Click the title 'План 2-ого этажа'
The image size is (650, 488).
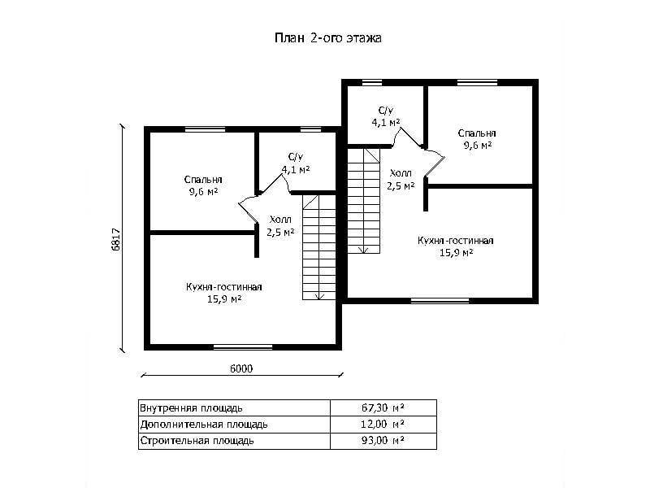click(x=328, y=38)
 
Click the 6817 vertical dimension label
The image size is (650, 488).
click(x=116, y=239)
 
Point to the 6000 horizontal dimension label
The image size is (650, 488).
click(x=241, y=368)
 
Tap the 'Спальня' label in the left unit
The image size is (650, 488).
click(x=203, y=180)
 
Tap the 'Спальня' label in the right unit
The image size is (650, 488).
click(x=477, y=133)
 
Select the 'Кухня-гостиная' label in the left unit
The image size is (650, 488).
click(x=224, y=287)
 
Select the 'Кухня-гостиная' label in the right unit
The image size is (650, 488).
click(x=456, y=241)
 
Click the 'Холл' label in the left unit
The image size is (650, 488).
click(x=280, y=220)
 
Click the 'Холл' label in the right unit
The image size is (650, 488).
click(x=401, y=173)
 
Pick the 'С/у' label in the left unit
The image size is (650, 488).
click(x=296, y=157)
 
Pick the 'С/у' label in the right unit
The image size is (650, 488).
click(x=386, y=111)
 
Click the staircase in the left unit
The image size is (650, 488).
click(x=318, y=247)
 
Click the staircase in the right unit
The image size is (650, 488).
click(x=363, y=201)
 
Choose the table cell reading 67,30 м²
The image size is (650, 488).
click(x=383, y=408)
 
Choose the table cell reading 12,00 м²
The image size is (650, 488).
click(x=383, y=425)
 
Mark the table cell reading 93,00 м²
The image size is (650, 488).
click(x=383, y=441)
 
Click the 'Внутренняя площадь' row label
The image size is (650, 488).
click(x=191, y=408)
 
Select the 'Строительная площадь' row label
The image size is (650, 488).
click(x=197, y=441)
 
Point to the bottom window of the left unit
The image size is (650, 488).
click(x=243, y=347)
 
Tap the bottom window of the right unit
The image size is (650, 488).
click(x=440, y=300)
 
